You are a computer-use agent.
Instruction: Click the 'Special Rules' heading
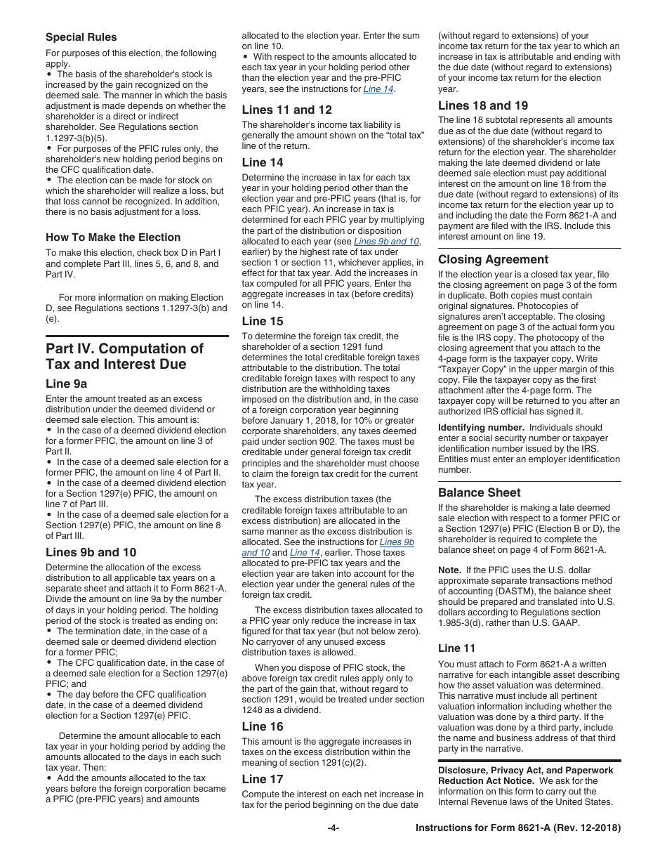81,37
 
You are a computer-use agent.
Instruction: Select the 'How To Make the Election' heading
113,237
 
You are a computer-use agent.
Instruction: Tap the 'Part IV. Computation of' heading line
124,349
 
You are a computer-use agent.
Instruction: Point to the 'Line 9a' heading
66,384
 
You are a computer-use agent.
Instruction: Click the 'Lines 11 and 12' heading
286,110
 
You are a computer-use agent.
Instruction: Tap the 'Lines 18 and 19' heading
483,105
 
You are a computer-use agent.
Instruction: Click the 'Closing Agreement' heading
493,259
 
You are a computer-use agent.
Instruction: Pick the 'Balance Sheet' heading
480,492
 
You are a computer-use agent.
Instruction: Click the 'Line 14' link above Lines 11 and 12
378,89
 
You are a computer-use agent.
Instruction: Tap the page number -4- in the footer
333,828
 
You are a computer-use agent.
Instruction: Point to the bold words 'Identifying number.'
481,427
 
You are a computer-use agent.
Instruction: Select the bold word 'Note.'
449,570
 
